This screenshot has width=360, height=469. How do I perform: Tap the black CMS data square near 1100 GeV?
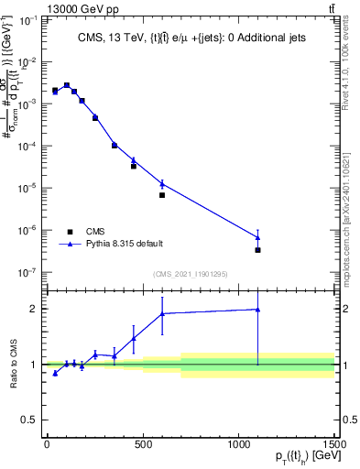(x=258, y=250)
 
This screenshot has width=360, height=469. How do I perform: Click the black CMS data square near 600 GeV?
(x=162, y=195)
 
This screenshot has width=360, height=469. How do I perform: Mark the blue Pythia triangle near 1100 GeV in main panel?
(x=258, y=237)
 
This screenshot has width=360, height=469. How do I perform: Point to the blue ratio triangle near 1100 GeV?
(x=258, y=310)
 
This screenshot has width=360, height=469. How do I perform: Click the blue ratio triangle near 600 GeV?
(x=162, y=313)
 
